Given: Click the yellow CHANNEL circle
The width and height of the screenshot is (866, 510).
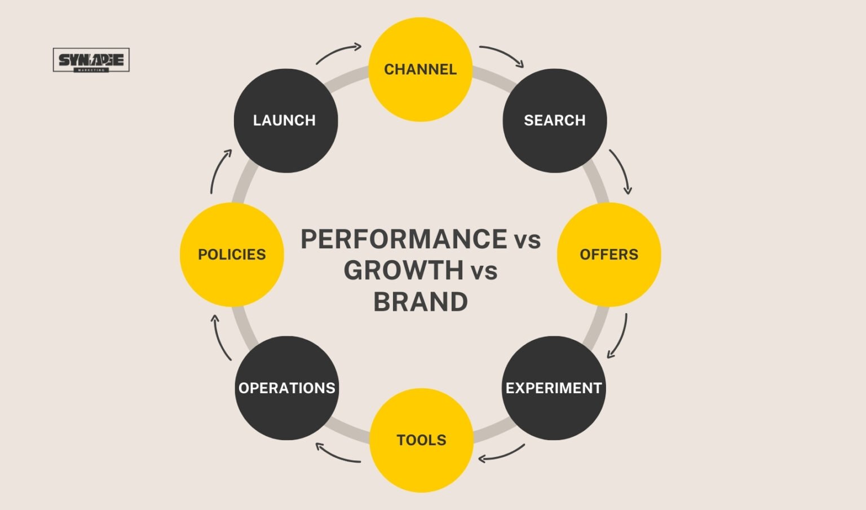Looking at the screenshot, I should (x=420, y=69).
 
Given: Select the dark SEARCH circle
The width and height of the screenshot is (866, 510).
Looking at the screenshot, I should (x=554, y=120).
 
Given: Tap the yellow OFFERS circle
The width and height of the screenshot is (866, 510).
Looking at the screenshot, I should (x=608, y=254).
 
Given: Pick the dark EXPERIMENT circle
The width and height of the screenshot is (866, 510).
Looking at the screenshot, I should (x=553, y=388).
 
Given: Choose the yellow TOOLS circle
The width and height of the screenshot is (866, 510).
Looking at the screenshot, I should (x=421, y=440).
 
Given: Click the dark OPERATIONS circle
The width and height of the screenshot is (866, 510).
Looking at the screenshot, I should (x=286, y=388).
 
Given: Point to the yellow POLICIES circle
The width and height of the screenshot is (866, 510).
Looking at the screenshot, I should (x=232, y=254).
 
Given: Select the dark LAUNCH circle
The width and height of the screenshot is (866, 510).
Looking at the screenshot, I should (x=285, y=120).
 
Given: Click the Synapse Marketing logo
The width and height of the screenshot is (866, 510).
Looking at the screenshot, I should (x=91, y=60).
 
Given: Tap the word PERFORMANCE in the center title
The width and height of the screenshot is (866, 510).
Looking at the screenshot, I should (x=404, y=239).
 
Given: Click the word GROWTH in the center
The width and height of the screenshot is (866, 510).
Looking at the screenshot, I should (x=404, y=271).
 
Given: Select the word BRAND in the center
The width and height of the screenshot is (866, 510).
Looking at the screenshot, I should (x=421, y=302).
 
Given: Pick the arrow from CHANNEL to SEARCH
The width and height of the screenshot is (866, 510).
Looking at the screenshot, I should (x=502, y=55).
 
